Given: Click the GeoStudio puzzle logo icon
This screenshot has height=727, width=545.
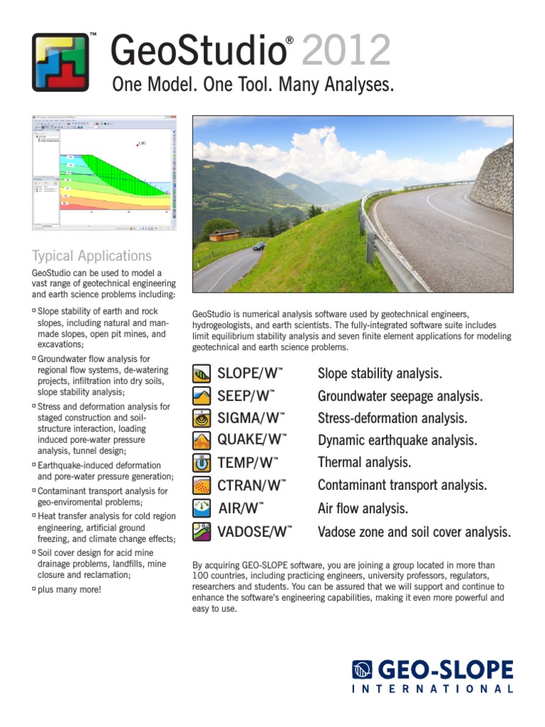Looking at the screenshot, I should (60, 62).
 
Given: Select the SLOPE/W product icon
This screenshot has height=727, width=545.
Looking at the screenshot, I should (202, 373).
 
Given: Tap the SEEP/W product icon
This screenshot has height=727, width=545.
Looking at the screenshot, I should (202, 396).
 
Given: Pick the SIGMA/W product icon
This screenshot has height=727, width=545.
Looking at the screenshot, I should (202, 418).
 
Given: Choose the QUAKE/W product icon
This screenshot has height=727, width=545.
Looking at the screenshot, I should (202, 441).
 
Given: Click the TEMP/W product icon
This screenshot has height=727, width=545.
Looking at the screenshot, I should (202, 464).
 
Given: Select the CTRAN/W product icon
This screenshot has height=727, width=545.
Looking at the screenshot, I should (202, 486).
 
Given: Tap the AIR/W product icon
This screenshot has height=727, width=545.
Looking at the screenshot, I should (202, 508).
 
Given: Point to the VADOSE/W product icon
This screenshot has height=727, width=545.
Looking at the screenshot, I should (202, 532).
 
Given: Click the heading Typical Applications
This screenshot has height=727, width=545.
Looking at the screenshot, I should (92, 256).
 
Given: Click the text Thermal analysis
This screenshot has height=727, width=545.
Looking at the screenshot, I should (364, 463).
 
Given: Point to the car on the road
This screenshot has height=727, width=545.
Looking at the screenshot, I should (259, 246).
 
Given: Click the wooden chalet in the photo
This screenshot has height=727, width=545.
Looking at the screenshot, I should (224, 235).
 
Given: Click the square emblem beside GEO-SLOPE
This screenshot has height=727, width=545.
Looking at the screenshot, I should (363, 669).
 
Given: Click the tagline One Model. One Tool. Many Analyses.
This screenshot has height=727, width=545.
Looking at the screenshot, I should (253, 86).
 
